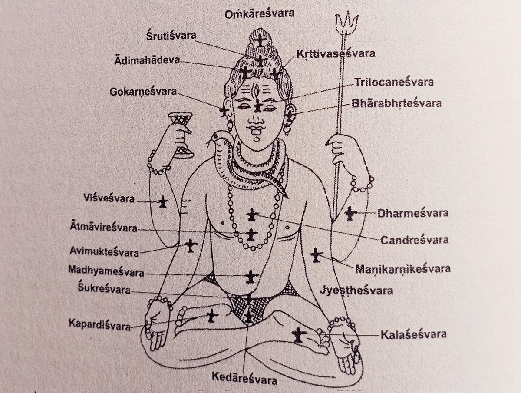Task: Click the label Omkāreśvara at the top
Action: [x=260, y=13]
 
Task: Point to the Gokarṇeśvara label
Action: [x=143, y=92]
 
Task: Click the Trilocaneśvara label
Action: [x=394, y=82]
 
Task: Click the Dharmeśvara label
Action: [x=412, y=213]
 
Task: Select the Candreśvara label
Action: [x=415, y=239]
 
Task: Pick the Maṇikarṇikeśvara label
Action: [x=403, y=268]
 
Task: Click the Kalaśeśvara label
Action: [x=413, y=334]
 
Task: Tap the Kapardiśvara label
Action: [x=99, y=325]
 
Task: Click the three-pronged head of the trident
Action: [x=346, y=22]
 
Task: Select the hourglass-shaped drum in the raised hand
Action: [x=181, y=134]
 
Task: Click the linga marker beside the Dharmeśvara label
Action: [x=350, y=213]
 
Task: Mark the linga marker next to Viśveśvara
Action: [x=163, y=201]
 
